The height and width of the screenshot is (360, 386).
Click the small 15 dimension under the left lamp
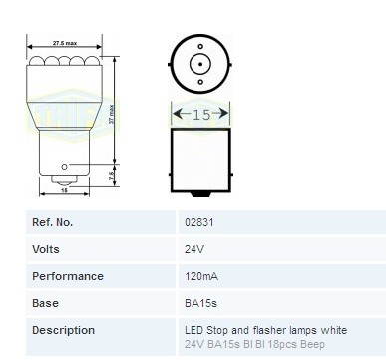(64, 190)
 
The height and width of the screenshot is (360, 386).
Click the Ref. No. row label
(54, 222)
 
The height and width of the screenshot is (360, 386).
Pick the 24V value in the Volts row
(193, 249)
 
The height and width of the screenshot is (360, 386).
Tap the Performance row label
(68, 276)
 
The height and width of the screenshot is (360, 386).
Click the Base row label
(46, 303)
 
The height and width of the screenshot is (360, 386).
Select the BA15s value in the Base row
(199, 303)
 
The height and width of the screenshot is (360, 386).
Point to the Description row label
(64, 330)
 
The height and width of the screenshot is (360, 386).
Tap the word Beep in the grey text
(340, 344)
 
